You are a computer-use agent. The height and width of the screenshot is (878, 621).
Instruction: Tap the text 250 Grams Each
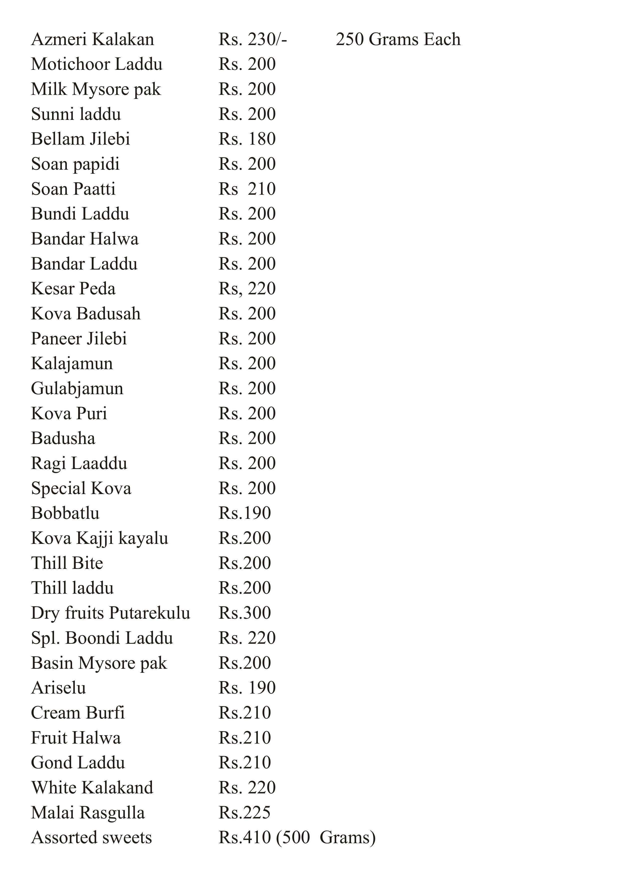click(398, 39)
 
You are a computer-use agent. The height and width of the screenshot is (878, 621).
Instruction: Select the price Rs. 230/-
click(252, 39)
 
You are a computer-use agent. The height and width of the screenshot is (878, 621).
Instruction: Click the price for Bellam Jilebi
click(247, 139)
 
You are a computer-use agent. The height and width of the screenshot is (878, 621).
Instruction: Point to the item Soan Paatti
click(73, 189)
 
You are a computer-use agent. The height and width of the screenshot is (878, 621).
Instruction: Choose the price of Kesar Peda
click(247, 289)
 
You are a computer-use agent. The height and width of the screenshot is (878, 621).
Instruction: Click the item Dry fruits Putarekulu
click(111, 613)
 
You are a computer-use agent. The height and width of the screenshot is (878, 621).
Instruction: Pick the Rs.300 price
click(245, 613)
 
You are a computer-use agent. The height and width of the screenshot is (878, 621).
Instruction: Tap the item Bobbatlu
click(65, 513)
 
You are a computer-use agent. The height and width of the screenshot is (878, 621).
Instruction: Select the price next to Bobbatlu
click(245, 513)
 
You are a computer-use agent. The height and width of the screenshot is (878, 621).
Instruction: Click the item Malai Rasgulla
click(88, 813)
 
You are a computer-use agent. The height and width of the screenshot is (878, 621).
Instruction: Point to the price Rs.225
click(245, 813)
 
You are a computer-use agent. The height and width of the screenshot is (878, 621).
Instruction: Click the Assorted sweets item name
click(91, 837)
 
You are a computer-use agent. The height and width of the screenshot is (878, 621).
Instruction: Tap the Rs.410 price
click(245, 837)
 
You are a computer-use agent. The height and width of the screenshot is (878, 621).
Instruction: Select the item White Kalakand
click(92, 788)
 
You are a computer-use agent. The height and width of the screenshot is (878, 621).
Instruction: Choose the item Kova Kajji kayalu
click(99, 538)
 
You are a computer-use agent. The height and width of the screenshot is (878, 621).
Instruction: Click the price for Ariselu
click(247, 688)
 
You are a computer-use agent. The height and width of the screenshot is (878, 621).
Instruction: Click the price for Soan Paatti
click(247, 189)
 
